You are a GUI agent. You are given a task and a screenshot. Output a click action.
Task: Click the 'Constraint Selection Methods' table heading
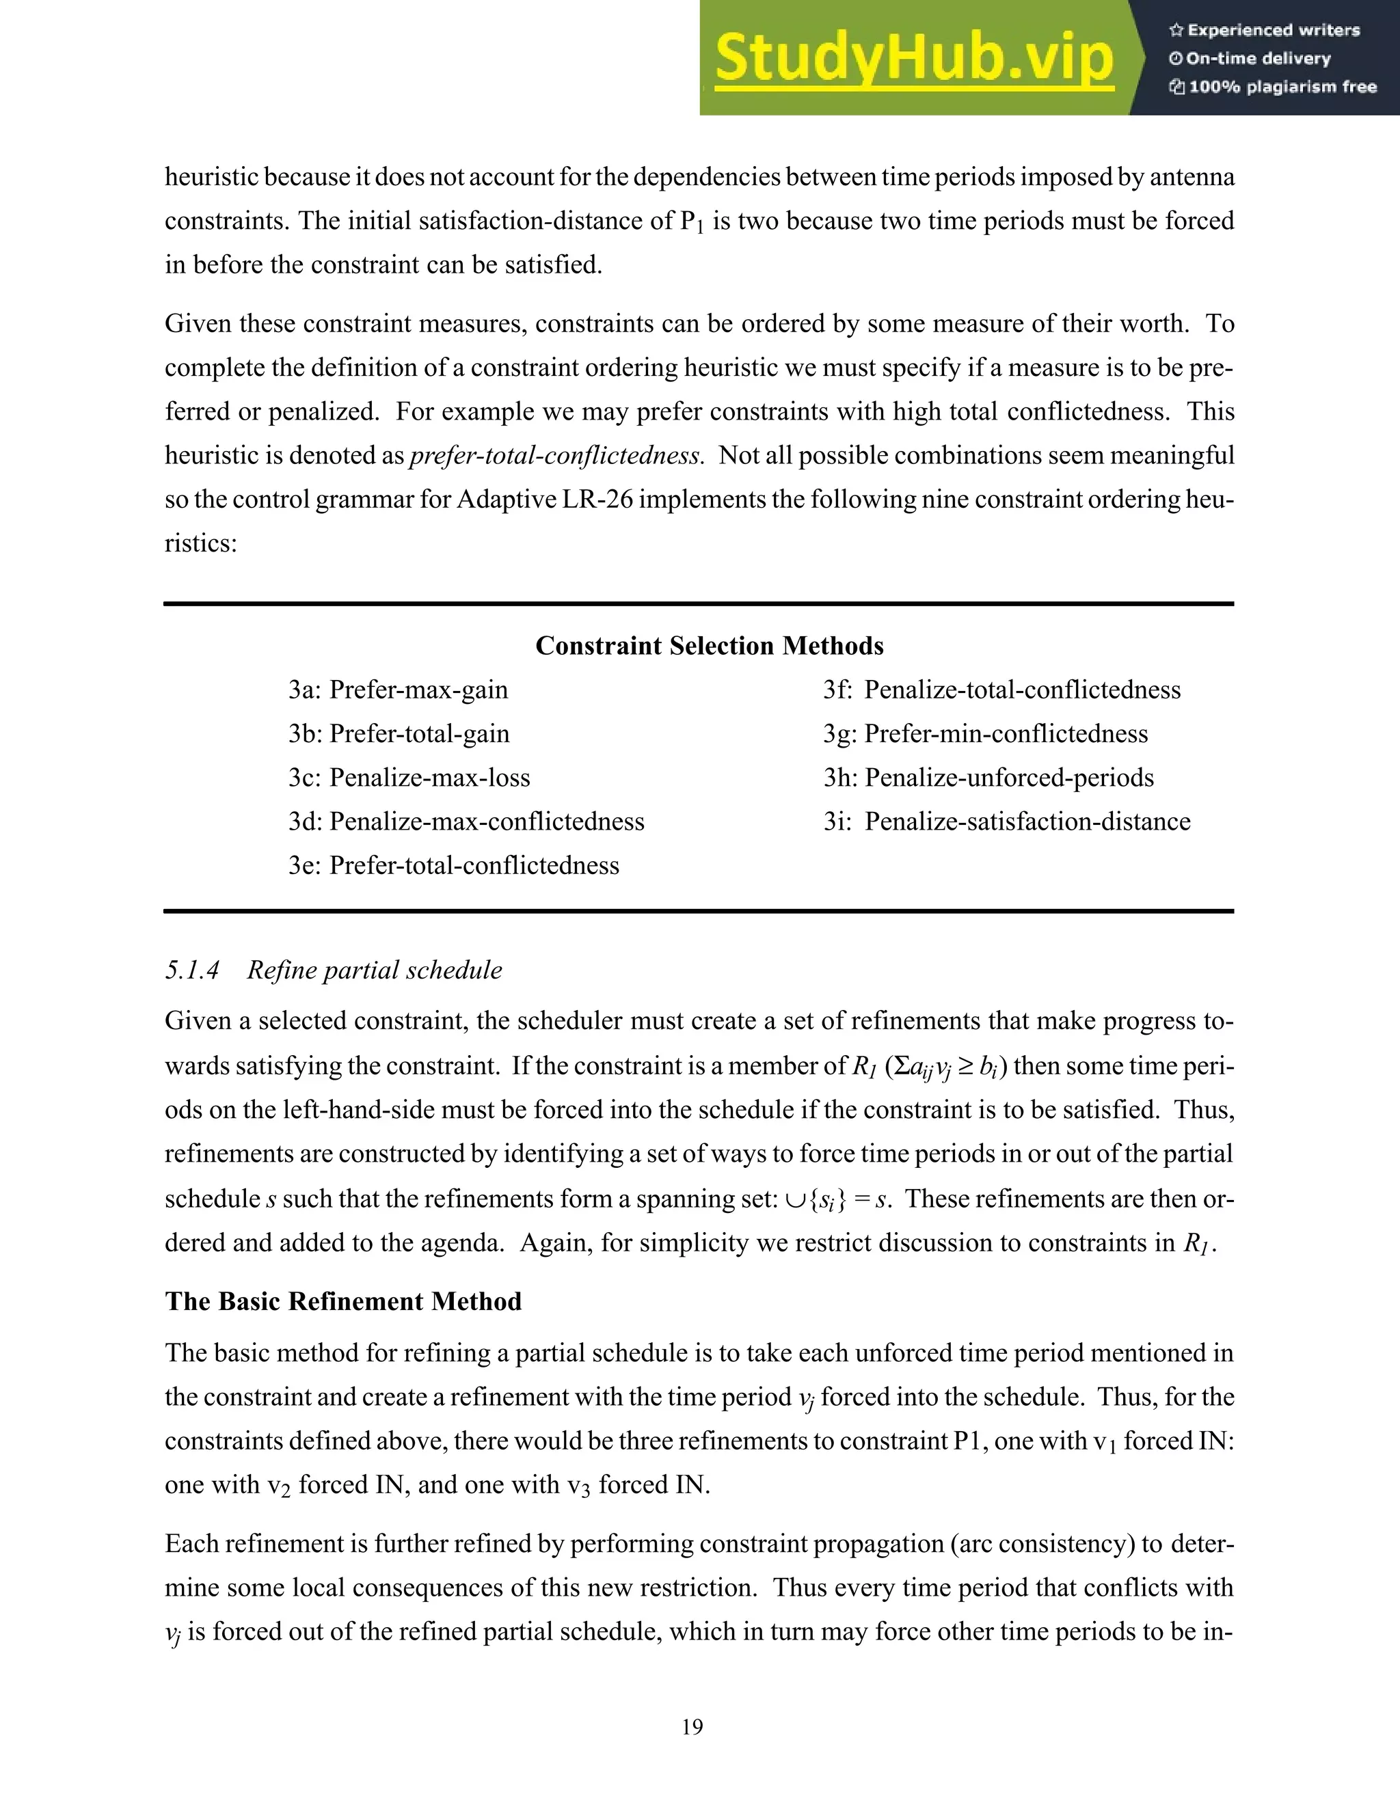point(709,646)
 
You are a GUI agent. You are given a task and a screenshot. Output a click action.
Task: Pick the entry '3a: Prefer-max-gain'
point(398,690)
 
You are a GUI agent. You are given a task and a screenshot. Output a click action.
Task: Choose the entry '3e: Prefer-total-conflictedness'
point(454,866)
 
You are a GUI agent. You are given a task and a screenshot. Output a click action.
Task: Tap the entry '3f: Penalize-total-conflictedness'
point(1002,690)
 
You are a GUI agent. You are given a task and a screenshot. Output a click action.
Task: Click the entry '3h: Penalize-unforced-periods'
point(988,778)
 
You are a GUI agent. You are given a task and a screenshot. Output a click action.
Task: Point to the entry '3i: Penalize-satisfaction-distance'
point(1007,821)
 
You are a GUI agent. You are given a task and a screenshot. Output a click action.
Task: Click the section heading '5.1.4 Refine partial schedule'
point(334,970)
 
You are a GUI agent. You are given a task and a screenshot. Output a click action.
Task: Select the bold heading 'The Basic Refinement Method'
point(343,1301)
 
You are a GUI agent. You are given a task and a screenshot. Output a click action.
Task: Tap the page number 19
point(692,1727)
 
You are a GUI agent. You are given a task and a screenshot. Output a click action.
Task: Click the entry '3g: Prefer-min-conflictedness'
point(985,734)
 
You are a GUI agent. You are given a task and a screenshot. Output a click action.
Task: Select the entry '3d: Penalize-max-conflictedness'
point(466,821)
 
